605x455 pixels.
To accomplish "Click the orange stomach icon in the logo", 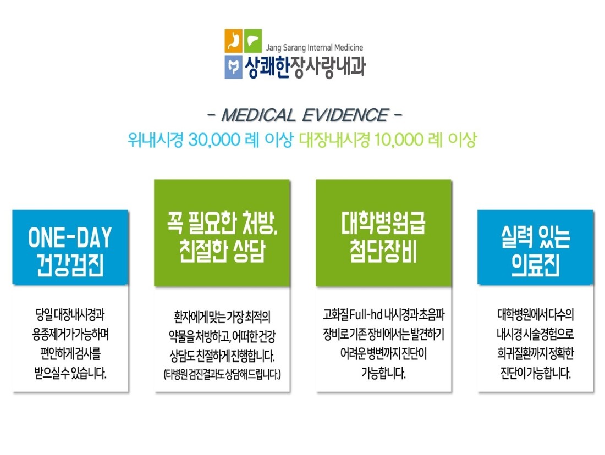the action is [x=233, y=41].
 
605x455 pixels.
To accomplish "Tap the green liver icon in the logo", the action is [x=253, y=41].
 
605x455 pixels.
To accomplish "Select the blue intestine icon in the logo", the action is [x=233, y=67].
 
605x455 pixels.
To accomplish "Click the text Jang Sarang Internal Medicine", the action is [x=315, y=47].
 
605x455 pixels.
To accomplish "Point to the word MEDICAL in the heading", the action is [x=258, y=115].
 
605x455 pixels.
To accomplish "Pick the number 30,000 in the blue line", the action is [x=214, y=140].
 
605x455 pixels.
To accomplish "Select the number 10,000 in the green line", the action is [x=399, y=140].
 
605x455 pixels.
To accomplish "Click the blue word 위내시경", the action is [x=156, y=140].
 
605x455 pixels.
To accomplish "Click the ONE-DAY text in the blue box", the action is [x=70, y=237].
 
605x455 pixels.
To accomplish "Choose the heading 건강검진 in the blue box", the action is [x=70, y=265].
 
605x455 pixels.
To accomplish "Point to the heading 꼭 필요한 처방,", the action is [x=222, y=223].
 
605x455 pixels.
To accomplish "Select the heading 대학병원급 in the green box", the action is [x=383, y=223].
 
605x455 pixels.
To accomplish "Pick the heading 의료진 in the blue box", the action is [x=536, y=265].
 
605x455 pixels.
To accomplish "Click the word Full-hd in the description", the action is [x=366, y=315].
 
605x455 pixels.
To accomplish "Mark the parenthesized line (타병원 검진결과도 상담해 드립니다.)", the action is [x=222, y=374].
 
